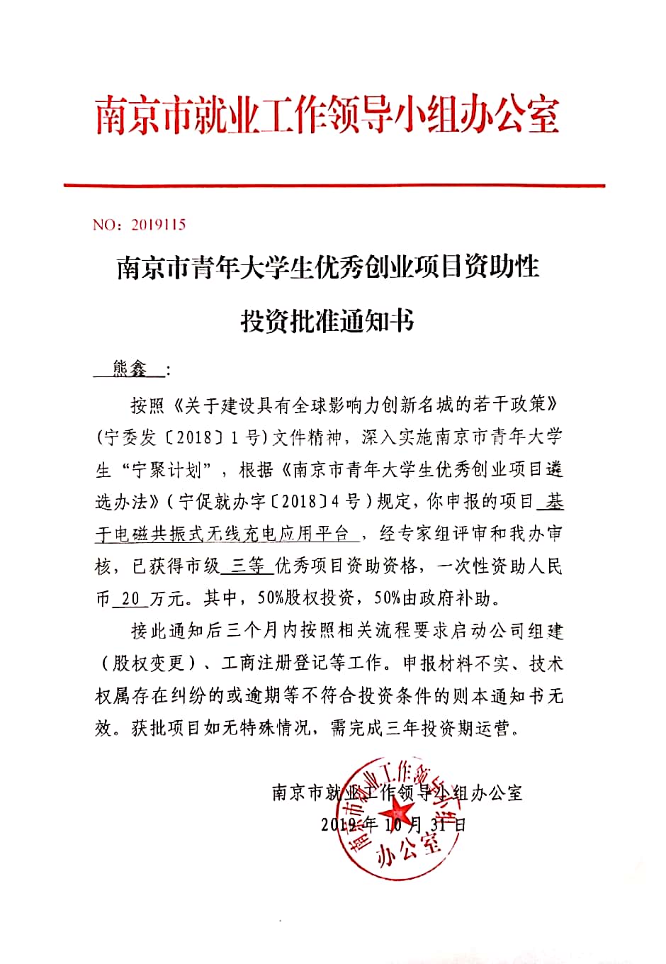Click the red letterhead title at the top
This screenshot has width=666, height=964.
328,116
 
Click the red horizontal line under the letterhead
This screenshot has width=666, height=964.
334,186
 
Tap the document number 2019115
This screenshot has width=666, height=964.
158,225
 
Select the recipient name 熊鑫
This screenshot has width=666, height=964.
130,369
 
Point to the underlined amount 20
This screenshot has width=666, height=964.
130,599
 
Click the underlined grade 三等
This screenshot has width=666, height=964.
248,566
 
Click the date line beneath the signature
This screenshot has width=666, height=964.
393,825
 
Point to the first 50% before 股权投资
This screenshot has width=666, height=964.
270,599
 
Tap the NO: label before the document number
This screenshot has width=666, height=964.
108,225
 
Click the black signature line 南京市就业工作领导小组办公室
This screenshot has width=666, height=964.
397,792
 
